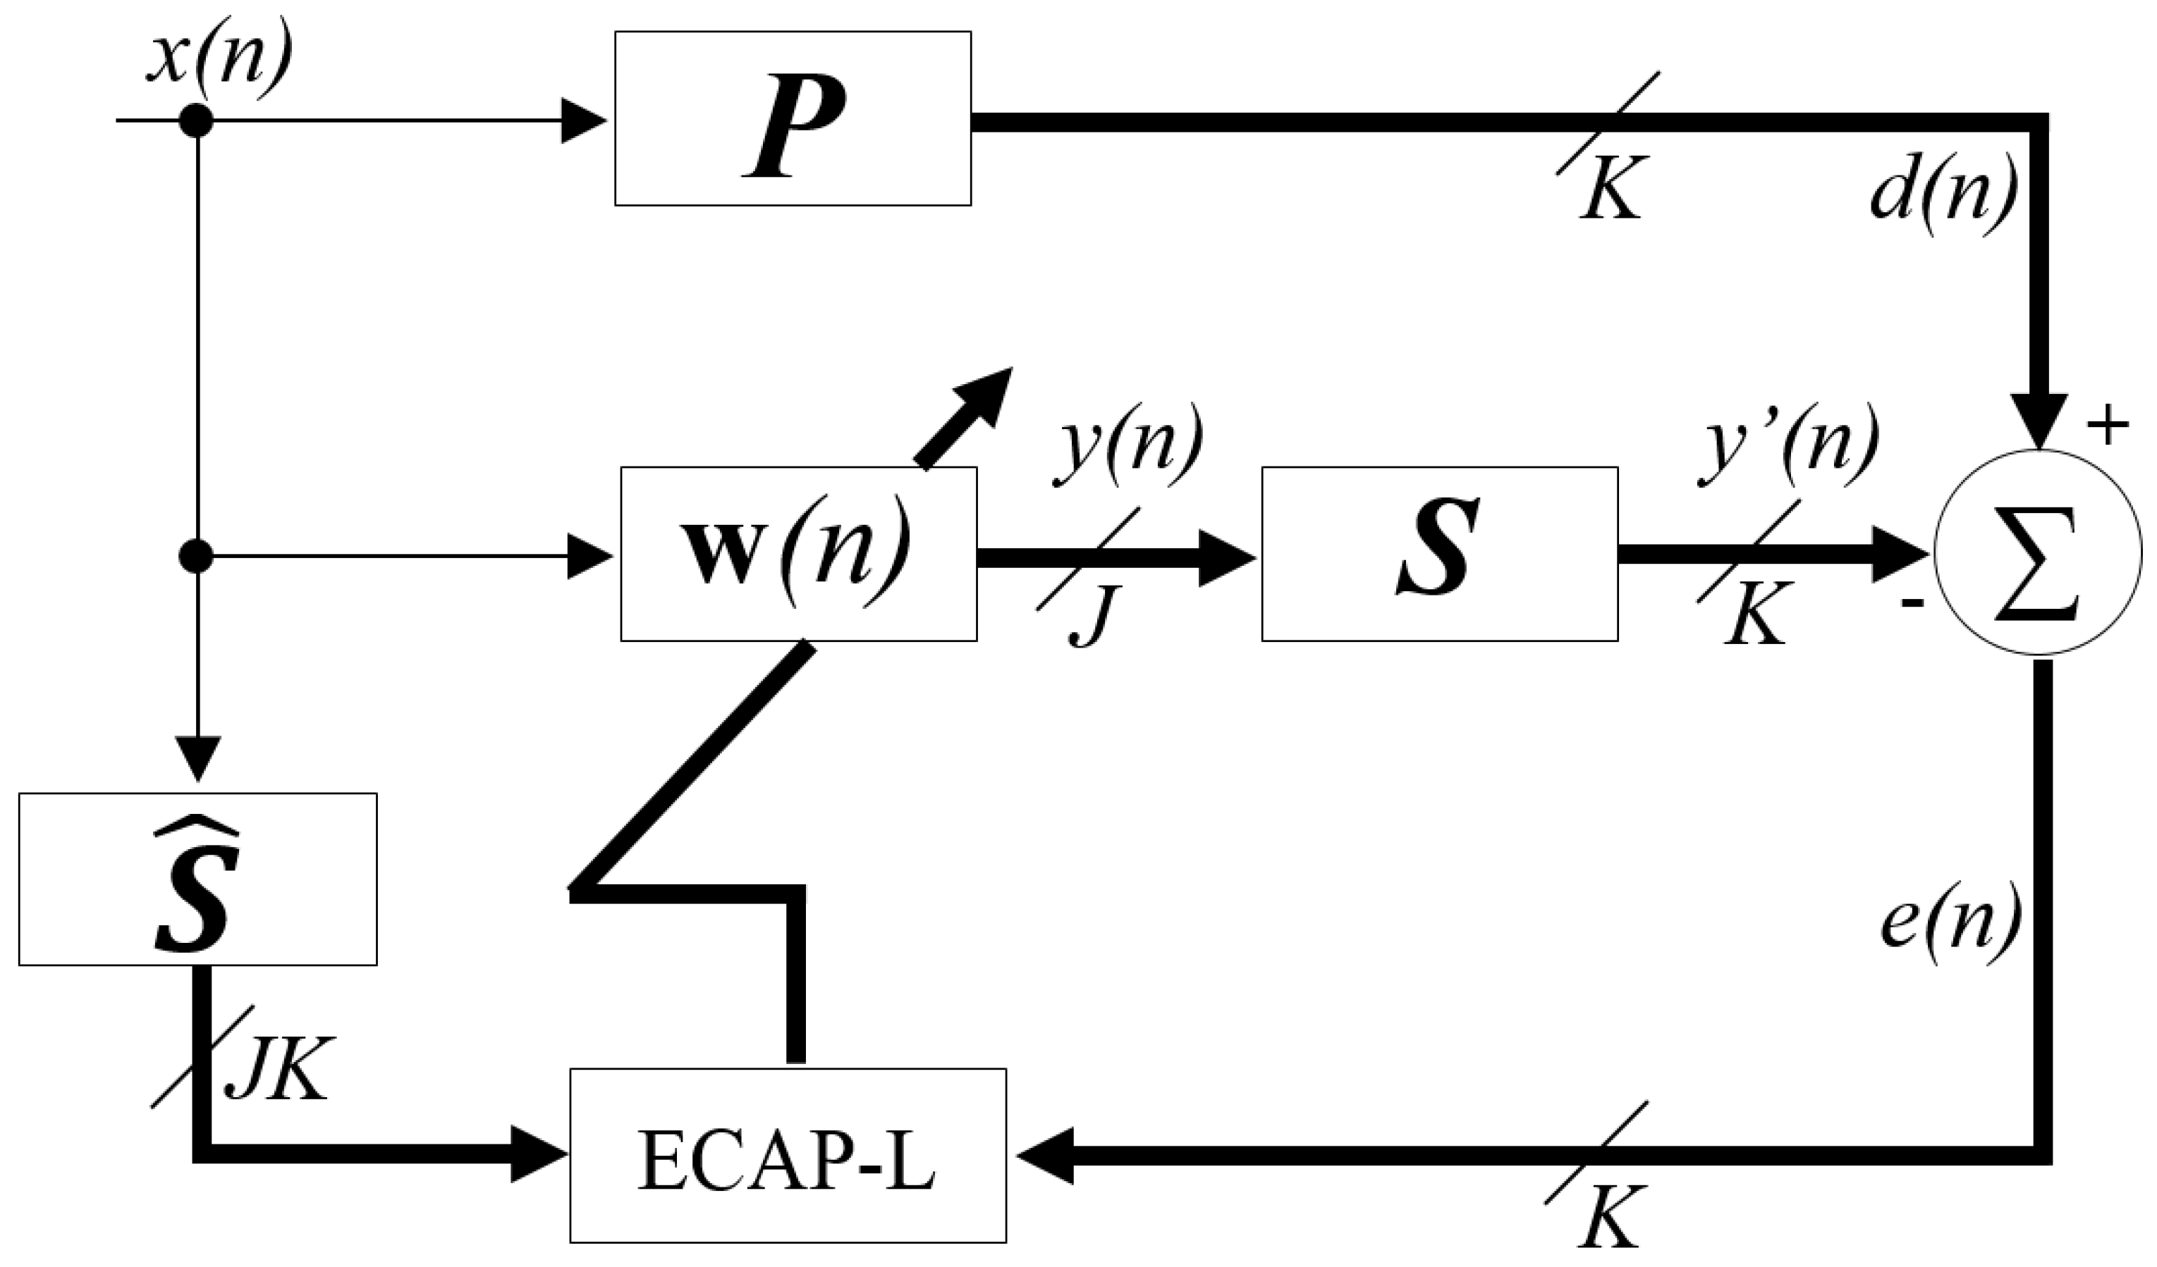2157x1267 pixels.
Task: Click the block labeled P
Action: pyautogui.click(x=793, y=118)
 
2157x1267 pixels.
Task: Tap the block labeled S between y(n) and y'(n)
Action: pyautogui.click(x=1439, y=553)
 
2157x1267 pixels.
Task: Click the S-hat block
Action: pyautogui.click(x=197, y=879)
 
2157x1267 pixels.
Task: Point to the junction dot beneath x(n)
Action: pyautogui.click(x=196, y=120)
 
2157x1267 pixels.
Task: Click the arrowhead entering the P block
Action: pyautogui.click(x=584, y=120)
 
